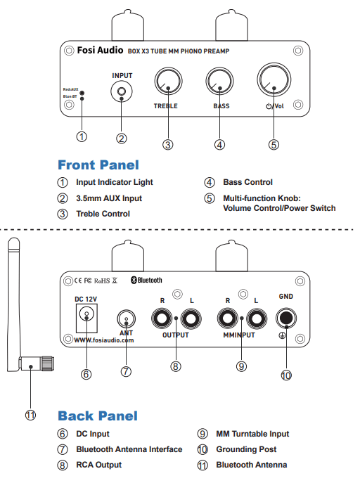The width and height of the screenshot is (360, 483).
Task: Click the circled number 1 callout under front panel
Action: pyautogui.click(x=82, y=136)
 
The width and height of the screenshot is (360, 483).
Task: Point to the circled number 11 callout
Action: pyautogui.click(x=30, y=415)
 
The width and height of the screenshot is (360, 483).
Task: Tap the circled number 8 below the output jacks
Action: pyautogui.click(x=175, y=366)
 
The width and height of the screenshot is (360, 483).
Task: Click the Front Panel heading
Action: pyautogui.click(x=98, y=165)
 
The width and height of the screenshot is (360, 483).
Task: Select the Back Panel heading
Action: pyautogui.click(x=98, y=416)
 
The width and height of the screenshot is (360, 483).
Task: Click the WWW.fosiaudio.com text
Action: pyautogui.click(x=103, y=340)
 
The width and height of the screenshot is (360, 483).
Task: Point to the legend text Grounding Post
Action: pyautogui.click(x=246, y=449)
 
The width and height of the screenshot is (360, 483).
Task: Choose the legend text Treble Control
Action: pyautogui.click(x=103, y=214)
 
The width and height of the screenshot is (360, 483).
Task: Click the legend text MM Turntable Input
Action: pyautogui.click(x=252, y=434)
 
